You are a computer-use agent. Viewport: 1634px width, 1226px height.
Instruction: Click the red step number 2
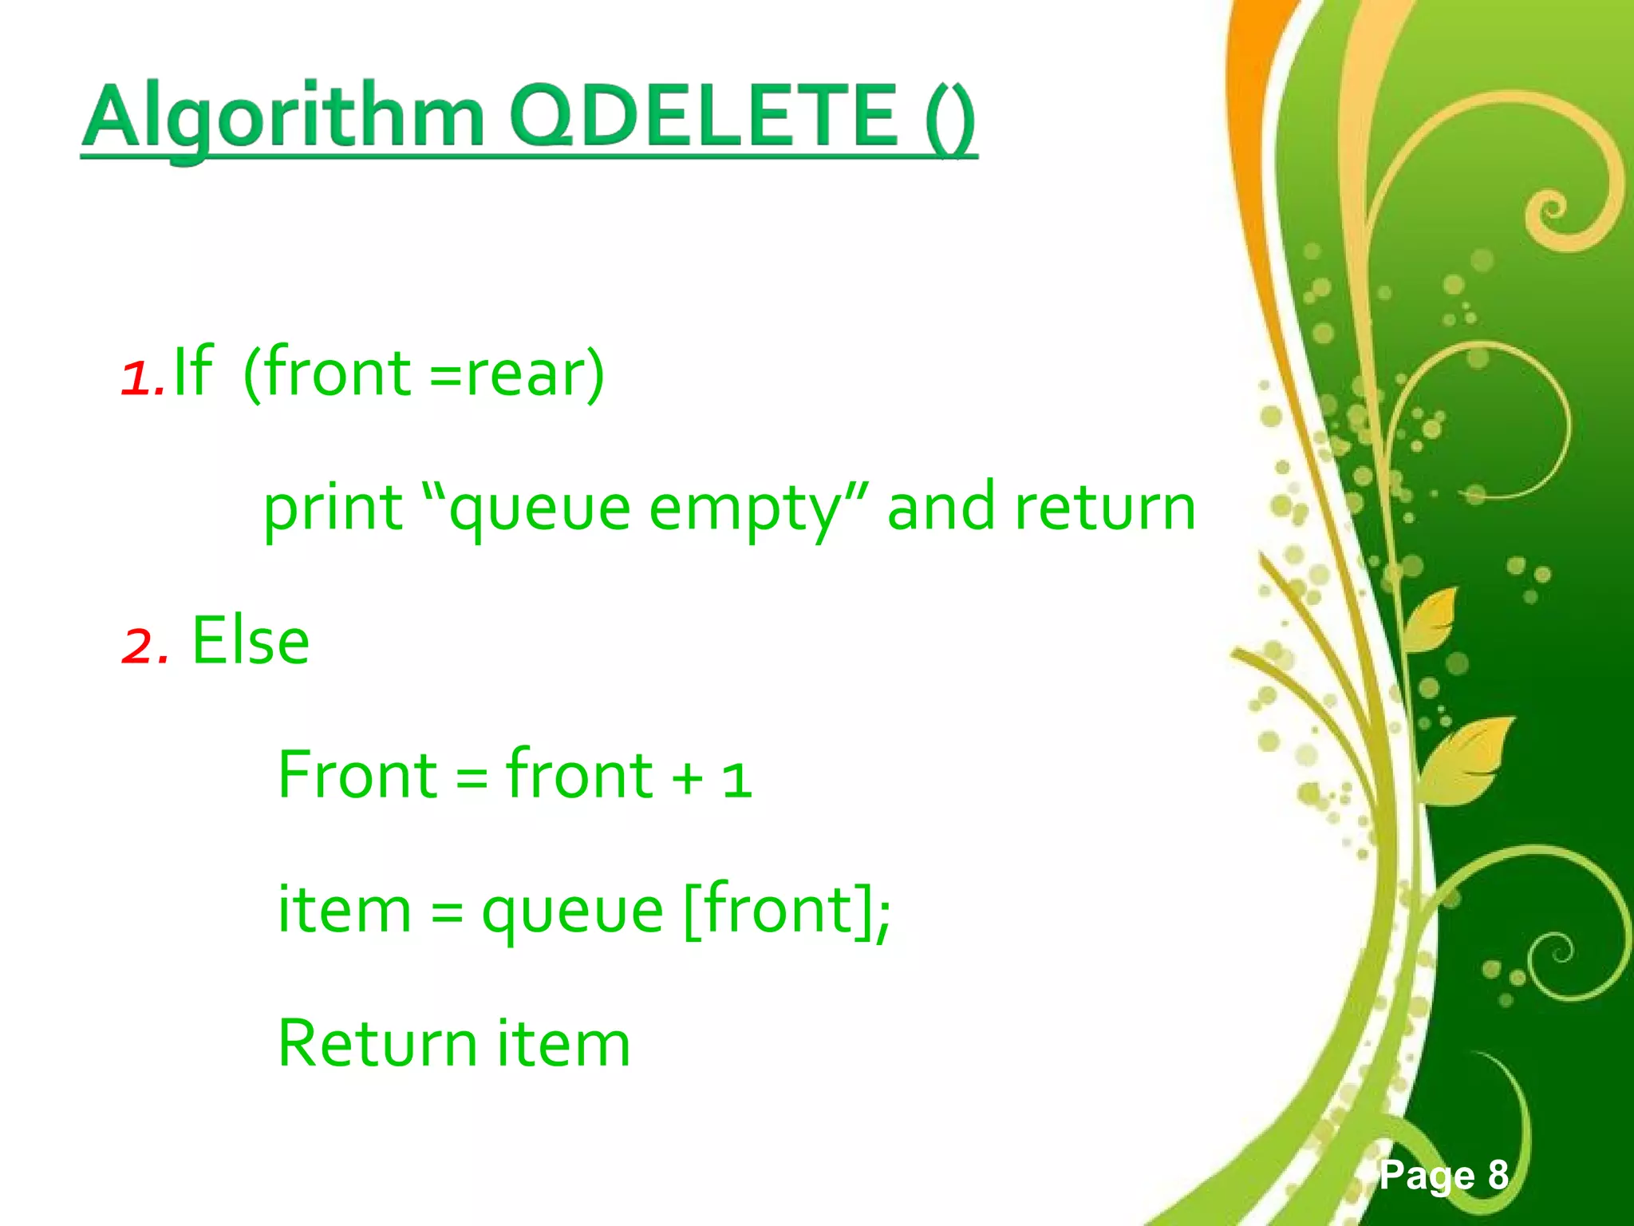[x=144, y=644]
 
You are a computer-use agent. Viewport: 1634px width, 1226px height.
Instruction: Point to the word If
[x=192, y=371]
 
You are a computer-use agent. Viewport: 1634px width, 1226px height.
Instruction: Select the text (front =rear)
[x=423, y=374]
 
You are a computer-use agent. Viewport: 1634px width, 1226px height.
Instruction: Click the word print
[x=333, y=508]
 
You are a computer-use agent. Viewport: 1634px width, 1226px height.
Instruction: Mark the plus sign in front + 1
[x=687, y=778]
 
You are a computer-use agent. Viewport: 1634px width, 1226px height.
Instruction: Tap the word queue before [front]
[x=572, y=912]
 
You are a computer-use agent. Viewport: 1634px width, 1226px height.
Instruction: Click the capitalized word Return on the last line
[x=377, y=1044]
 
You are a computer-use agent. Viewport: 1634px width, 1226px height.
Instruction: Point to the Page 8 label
[x=1444, y=1175]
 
